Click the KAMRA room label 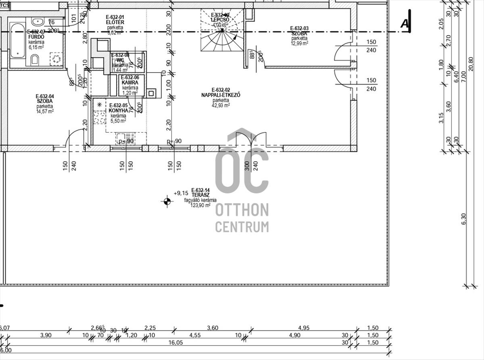click(x=130, y=83)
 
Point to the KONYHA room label click(x=118, y=110)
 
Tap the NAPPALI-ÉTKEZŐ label click(x=221, y=95)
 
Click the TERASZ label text click(x=200, y=195)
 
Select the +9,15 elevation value click(x=181, y=193)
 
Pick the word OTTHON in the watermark click(x=242, y=210)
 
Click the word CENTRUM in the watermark click(x=242, y=227)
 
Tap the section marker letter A click(x=405, y=24)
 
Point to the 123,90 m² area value click(x=200, y=205)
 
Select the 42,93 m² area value click(x=221, y=106)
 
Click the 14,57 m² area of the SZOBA click(x=45, y=111)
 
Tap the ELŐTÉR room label click(x=115, y=22)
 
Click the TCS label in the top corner click(x=4, y=5)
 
